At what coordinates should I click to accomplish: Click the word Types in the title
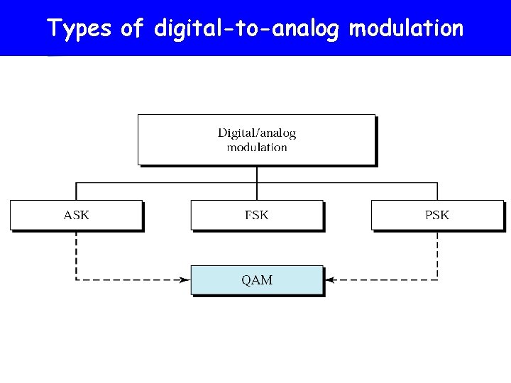pos(79,29)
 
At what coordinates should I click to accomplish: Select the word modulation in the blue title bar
pos(407,29)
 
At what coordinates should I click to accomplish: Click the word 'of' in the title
pos(132,29)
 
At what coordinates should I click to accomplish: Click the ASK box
pos(76,215)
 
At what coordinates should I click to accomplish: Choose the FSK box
pos(257,215)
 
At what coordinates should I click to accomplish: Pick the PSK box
pos(437,215)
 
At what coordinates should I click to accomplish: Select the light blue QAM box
pos(257,280)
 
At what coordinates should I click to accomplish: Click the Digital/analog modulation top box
pos(256,139)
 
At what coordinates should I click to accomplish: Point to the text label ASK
pos(76,215)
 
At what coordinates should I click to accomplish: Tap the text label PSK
pos(437,215)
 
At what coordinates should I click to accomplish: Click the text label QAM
pos(257,280)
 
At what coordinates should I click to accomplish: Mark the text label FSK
pos(257,215)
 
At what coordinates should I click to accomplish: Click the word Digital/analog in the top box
pos(257,133)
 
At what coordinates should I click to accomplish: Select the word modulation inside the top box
pos(257,148)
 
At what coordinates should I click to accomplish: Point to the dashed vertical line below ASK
pos(76,255)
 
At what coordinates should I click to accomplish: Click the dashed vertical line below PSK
pos(437,255)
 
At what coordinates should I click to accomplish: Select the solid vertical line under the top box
pos(257,174)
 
